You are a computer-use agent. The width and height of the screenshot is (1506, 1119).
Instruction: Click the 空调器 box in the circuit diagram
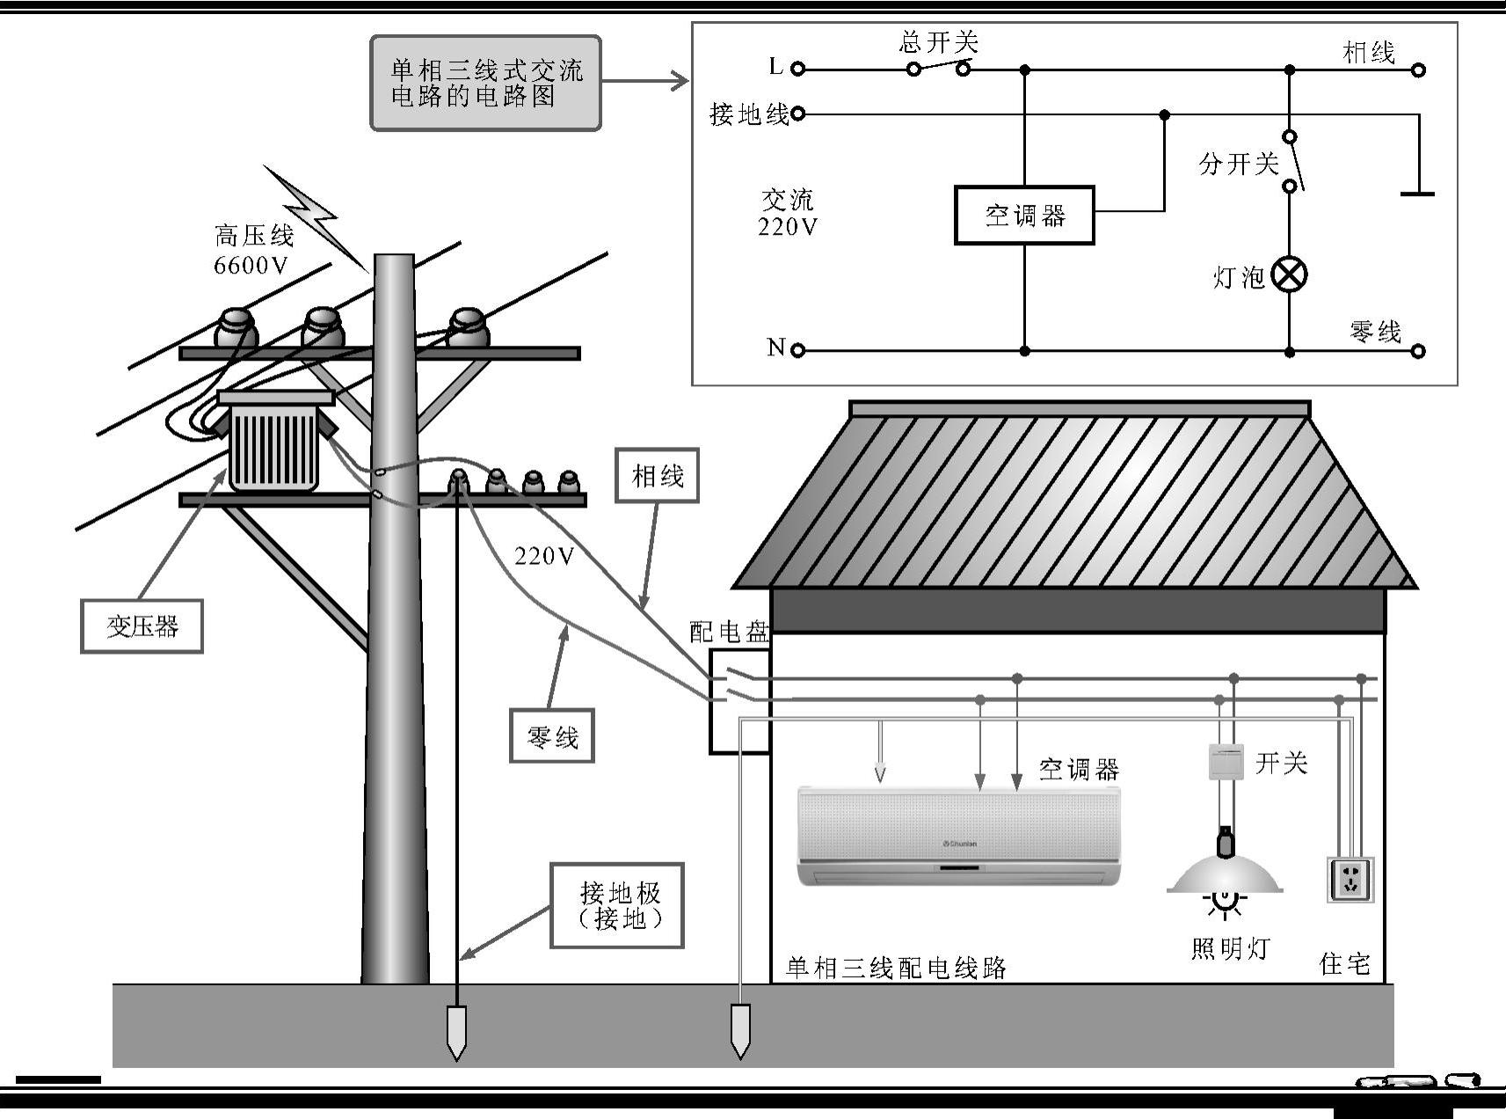[1024, 215]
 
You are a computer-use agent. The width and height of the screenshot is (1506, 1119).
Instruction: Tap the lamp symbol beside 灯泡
[1289, 274]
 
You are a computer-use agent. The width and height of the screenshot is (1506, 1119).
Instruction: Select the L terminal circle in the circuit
[797, 69]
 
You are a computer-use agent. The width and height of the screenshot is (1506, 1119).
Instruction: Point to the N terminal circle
[797, 350]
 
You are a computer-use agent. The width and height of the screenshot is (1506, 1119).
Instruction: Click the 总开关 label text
[938, 42]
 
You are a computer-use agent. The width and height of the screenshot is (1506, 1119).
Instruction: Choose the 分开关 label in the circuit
[1238, 164]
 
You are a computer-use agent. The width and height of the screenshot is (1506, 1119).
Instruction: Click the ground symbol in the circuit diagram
[1417, 193]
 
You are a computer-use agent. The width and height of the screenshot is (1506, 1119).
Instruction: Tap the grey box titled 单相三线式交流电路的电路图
[485, 83]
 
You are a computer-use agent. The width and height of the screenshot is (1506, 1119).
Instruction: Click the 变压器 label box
[142, 626]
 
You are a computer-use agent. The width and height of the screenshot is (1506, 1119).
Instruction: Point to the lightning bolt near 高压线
[312, 216]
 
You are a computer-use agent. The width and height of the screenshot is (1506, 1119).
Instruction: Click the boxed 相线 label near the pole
[657, 476]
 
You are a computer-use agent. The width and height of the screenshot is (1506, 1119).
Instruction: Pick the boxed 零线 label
[552, 735]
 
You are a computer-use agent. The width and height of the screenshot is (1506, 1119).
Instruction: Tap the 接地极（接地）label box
[617, 905]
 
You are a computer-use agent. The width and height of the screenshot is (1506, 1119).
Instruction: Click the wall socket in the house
[1350, 879]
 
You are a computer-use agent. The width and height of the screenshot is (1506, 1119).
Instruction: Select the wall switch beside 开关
[1226, 761]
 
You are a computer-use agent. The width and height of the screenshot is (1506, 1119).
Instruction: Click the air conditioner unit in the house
[958, 836]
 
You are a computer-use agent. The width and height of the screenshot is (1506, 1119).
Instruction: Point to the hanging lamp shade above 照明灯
[1225, 874]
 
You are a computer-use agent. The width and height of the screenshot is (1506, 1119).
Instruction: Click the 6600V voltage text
[251, 266]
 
